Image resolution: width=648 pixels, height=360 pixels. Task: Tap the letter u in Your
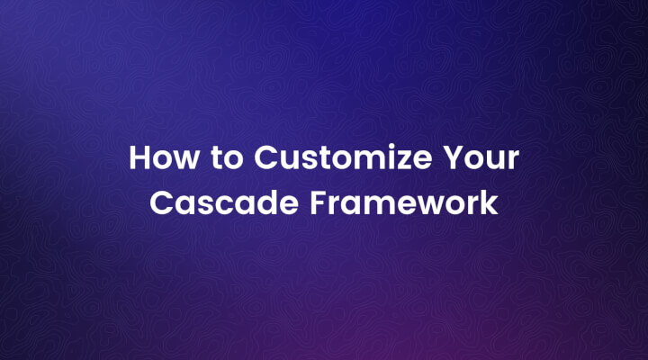(498, 161)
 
